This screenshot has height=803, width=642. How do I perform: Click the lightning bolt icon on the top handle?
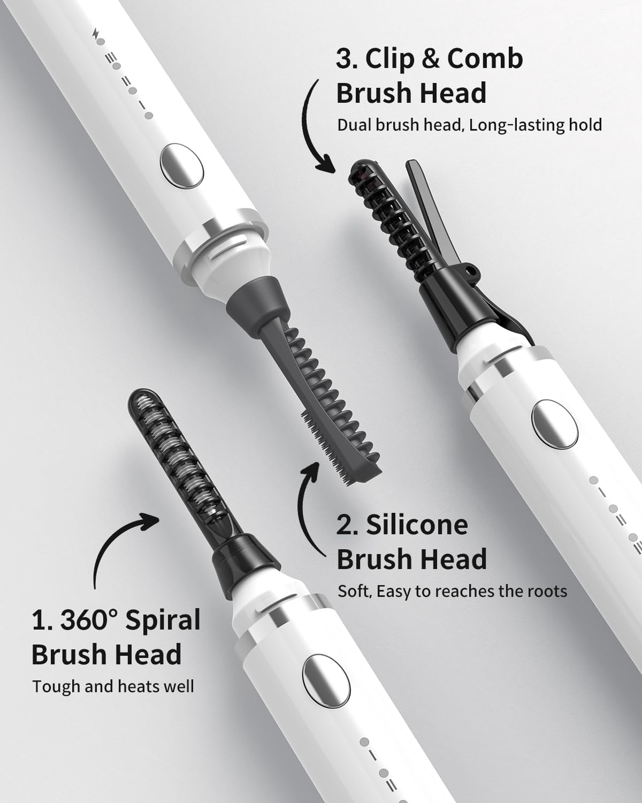[x=96, y=33]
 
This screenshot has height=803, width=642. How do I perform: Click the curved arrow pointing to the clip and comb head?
[x=316, y=128]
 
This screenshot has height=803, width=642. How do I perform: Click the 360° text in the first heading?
[x=88, y=620]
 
